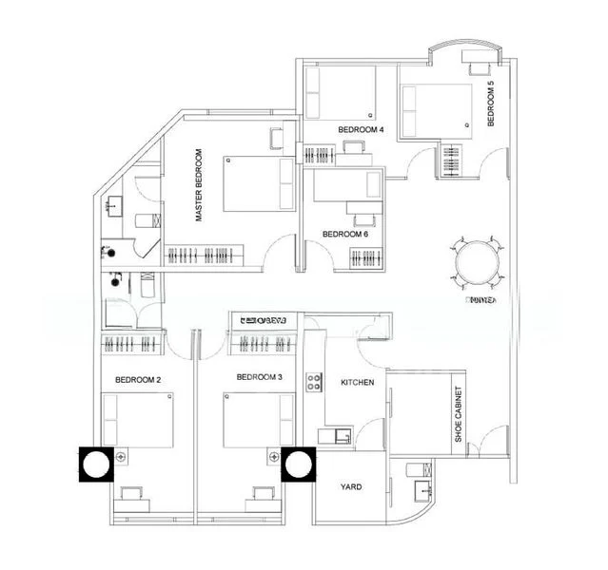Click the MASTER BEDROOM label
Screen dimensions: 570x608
[x=200, y=185]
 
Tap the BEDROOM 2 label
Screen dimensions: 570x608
[x=138, y=380]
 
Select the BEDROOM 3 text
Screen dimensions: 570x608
[x=260, y=378]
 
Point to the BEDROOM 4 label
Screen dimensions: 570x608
[x=361, y=129]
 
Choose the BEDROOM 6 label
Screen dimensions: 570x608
[x=344, y=234]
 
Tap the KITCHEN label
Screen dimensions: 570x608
[x=358, y=383]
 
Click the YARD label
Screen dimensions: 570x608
[x=350, y=487]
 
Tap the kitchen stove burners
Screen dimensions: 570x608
[x=314, y=382]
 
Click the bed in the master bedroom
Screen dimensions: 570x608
[x=259, y=184]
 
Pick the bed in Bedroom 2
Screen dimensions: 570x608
[x=137, y=421]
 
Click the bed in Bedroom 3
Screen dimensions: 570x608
[x=258, y=421]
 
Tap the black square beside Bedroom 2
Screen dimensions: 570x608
[x=96, y=465]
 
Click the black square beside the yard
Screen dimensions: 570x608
[x=299, y=465]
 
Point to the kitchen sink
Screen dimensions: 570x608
[x=340, y=436]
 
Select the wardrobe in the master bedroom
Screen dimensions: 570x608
[x=205, y=256]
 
